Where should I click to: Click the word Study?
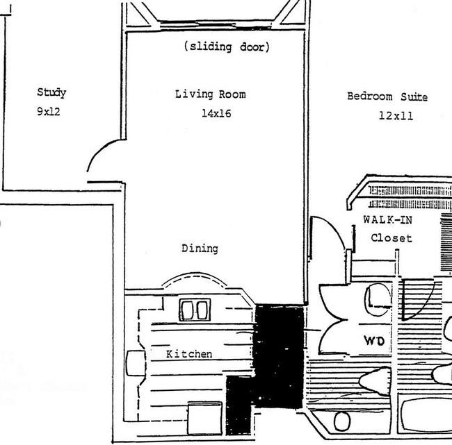[x=51, y=92]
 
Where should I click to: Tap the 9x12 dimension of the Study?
[x=49, y=111]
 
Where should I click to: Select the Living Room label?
[x=210, y=94]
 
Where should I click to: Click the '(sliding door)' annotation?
[x=226, y=47]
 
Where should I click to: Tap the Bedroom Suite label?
[x=387, y=96]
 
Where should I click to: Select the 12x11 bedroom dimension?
[x=396, y=116]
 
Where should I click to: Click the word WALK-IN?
[x=388, y=219]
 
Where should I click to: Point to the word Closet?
[x=391, y=238]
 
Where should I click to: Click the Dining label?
[x=200, y=248]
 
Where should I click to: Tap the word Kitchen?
[x=189, y=354]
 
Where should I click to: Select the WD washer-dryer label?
[x=376, y=342]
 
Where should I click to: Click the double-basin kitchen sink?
[x=195, y=310]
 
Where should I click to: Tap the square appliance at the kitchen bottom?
[x=205, y=417]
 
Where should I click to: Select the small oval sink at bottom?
[x=341, y=421]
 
